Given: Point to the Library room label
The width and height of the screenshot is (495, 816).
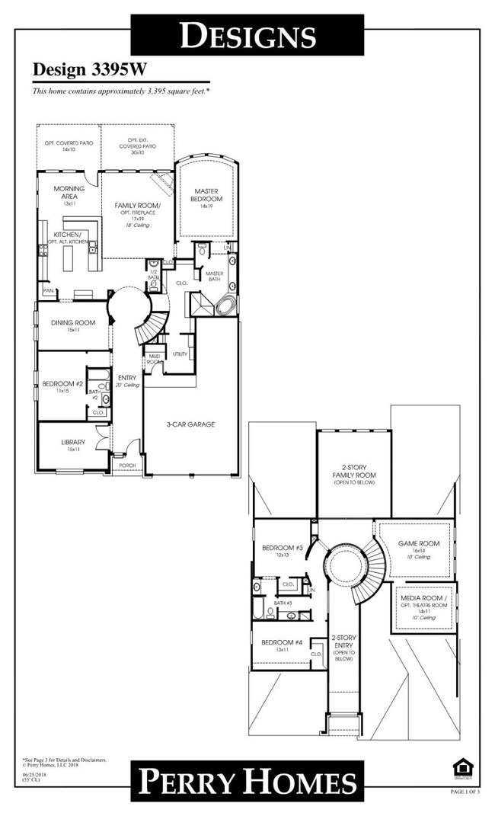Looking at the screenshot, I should coord(74,443).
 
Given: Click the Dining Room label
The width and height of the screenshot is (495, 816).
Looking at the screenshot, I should coord(73,323).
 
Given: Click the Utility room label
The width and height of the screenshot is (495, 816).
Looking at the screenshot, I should coord(180,354).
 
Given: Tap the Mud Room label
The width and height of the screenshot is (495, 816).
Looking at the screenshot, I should coord(154,360).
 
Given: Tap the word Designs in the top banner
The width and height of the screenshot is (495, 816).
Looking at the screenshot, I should coord(247,35).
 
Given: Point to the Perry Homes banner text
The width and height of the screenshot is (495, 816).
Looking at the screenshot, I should coord(247,782).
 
